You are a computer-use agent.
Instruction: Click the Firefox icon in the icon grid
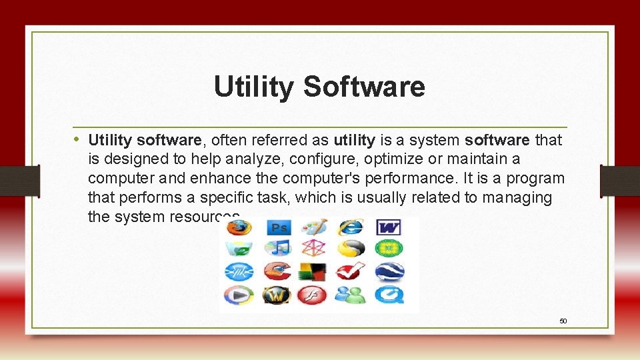(x=238, y=227)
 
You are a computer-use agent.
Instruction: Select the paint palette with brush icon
(x=313, y=227)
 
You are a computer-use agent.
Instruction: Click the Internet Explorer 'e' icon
(x=350, y=227)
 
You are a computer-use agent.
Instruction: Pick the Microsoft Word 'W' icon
(x=388, y=228)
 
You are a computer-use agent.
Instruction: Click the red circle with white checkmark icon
(x=350, y=271)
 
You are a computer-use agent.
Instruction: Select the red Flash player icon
(x=313, y=294)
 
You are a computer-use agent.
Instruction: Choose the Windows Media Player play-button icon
(x=238, y=294)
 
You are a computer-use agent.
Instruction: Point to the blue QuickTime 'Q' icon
(x=388, y=294)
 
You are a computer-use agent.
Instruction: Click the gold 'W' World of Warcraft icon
(x=277, y=294)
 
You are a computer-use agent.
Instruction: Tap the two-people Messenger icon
(x=350, y=294)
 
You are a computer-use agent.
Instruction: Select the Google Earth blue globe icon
(x=388, y=271)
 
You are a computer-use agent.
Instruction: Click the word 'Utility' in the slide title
(x=254, y=87)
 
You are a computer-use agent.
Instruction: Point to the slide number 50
(x=563, y=321)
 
